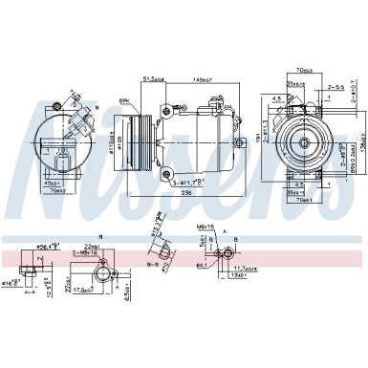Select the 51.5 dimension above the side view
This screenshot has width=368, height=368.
(x=151, y=79)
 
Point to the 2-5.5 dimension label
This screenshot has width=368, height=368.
(x=336, y=85)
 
